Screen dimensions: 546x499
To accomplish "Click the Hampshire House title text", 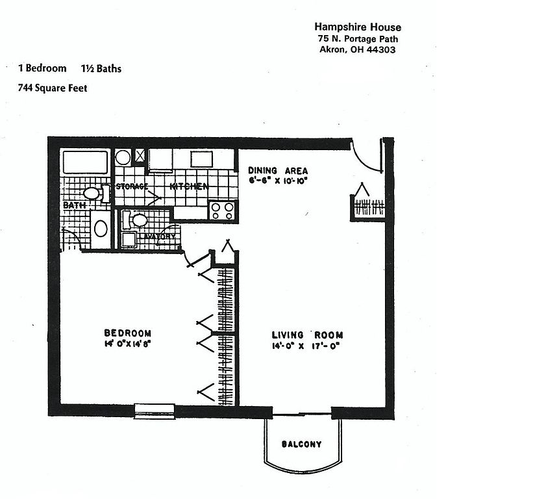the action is tap(357, 27).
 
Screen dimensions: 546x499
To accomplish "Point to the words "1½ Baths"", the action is tap(101, 68).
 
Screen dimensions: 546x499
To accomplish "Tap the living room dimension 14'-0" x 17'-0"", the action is tap(305, 346).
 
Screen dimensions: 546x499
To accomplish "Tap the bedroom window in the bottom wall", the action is tap(154, 409).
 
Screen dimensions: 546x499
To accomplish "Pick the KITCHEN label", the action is tap(189, 187).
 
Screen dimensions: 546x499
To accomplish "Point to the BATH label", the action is tap(75, 205).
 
